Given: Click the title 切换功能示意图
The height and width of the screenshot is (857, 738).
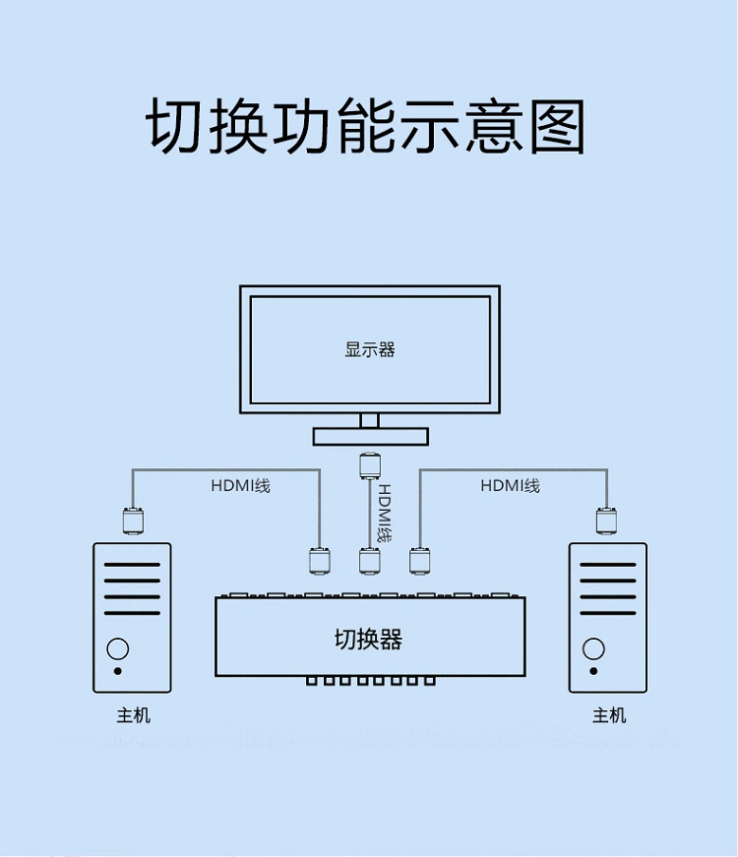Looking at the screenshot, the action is [x=366, y=126].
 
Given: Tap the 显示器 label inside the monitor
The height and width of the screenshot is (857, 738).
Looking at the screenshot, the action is [x=370, y=350].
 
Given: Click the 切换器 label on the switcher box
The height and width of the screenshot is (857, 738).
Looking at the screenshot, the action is [x=368, y=639].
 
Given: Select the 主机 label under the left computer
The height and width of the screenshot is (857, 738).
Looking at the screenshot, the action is [x=133, y=715].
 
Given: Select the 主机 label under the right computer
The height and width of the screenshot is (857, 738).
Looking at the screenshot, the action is [x=609, y=715].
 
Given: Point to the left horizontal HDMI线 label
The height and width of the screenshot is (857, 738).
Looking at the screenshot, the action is [x=240, y=485].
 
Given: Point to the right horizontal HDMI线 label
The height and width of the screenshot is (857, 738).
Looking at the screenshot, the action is [x=510, y=485].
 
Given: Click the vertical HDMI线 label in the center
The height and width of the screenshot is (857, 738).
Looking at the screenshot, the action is [x=386, y=513].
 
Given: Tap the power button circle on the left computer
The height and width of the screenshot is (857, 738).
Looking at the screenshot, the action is [x=117, y=649].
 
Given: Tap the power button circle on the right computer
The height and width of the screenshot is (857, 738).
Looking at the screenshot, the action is [x=593, y=649].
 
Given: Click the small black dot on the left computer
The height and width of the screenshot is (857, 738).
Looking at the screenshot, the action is [x=117, y=671].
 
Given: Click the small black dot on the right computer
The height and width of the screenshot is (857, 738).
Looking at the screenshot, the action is [x=593, y=671].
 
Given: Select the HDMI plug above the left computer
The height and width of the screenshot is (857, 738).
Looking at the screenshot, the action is [x=133, y=520].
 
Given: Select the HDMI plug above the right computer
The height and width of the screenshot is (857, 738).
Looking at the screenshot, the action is [x=607, y=520].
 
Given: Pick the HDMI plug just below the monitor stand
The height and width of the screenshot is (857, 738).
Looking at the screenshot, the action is [x=370, y=466].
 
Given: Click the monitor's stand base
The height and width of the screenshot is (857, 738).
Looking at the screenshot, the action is [x=371, y=437].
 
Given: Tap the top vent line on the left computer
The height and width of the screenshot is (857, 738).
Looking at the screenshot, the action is [x=132, y=565].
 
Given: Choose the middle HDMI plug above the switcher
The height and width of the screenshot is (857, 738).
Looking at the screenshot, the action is [x=370, y=561].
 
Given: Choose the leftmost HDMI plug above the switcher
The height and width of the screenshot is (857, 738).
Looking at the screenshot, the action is [x=320, y=561].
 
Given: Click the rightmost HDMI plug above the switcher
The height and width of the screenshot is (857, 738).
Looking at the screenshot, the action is [x=419, y=561].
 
